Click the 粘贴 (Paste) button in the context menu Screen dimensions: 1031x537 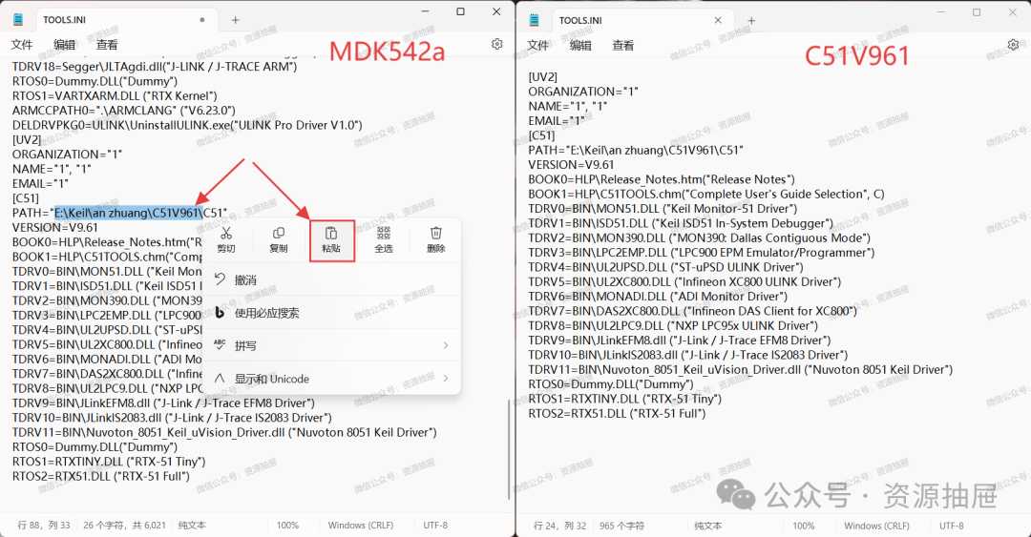(x=331, y=240)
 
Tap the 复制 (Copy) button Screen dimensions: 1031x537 (x=279, y=240)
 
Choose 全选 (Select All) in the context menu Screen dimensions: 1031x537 (x=384, y=240)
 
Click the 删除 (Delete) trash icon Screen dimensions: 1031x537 (x=436, y=234)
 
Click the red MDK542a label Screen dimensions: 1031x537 (x=388, y=52)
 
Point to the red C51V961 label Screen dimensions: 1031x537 (x=857, y=56)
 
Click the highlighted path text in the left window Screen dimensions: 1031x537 (x=129, y=213)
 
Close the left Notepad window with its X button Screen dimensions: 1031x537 (x=496, y=11)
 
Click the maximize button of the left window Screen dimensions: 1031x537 (x=460, y=11)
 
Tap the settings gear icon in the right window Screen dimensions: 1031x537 (x=1013, y=45)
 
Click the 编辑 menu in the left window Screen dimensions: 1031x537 (x=65, y=45)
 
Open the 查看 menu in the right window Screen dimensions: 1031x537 (x=622, y=46)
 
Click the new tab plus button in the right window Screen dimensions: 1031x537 (x=751, y=20)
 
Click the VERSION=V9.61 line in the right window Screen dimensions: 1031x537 (x=571, y=165)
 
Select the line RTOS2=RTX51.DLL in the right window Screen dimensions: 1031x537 (x=617, y=413)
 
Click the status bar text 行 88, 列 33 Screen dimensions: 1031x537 (x=43, y=526)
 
